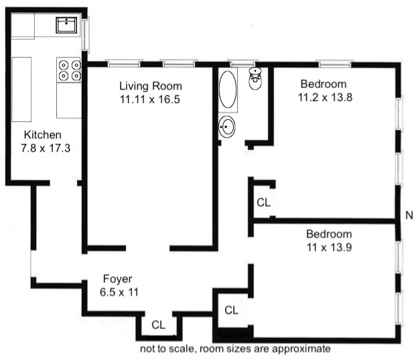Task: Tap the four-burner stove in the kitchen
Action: pyautogui.click(x=69, y=70)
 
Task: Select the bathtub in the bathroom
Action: pyautogui.click(x=228, y=91)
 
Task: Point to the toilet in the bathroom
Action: pyautogui.click(x=255, y=78)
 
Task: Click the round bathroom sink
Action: pyautogui.click(x=228, y=126)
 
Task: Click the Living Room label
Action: pyautogui.click(x=150, y=86)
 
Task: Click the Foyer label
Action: pyautogui.click(x=117, y=278)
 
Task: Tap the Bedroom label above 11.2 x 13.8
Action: pyautogui.click(x=323, y=84)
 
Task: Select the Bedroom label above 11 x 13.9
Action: pyautogui.click(x=328, y=234)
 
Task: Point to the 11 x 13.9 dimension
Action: pyautogui.click(x=328, y=248)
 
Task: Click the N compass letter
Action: pyautogui.click(x=409, y=215)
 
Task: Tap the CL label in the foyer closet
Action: pyautogui.click(x=158, y=325)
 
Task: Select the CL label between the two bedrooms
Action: pyautogui.click(x=264, y=203)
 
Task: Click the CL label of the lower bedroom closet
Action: pyautogui.click(x=231, y=310)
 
